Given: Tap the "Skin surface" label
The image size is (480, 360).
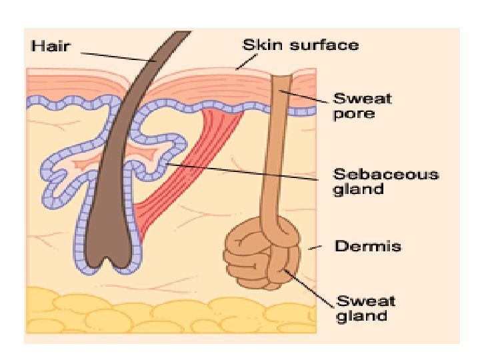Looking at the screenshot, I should click(300, 45).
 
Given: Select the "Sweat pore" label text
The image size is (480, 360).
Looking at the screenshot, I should click(363, 106).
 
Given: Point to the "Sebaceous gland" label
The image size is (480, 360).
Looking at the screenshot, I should click(386, 181).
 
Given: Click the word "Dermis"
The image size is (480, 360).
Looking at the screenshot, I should click(368, 247).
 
